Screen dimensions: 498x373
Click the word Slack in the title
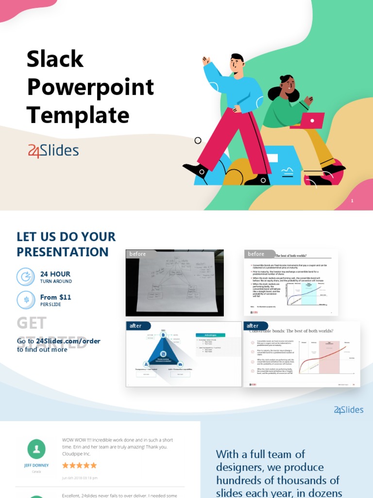click(55, 59)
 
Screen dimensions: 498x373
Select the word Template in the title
click(78, 116)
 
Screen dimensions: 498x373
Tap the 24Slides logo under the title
click(53, 151)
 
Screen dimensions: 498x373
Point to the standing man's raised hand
click(206, 60)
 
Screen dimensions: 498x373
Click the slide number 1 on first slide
click(352, 201)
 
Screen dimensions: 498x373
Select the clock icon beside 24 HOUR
click(26, 277)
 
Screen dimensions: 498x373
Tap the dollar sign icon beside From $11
click(26, 300)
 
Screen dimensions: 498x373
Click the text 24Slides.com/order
click(68, 341)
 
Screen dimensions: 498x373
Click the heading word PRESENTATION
click(63, 252)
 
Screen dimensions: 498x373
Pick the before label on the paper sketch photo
click(137, 254)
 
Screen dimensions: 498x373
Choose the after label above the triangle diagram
click(136, 325)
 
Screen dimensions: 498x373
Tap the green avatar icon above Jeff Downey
click(36, 449)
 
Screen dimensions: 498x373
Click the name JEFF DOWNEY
click(36, 465)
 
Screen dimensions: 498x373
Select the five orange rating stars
click(79, 465)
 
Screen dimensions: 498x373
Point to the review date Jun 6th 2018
click(80, 478)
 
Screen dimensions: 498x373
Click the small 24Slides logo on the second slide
click(348, 410)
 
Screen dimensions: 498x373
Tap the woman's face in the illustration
click(288, 86)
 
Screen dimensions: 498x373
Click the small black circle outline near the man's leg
click(198, 141)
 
